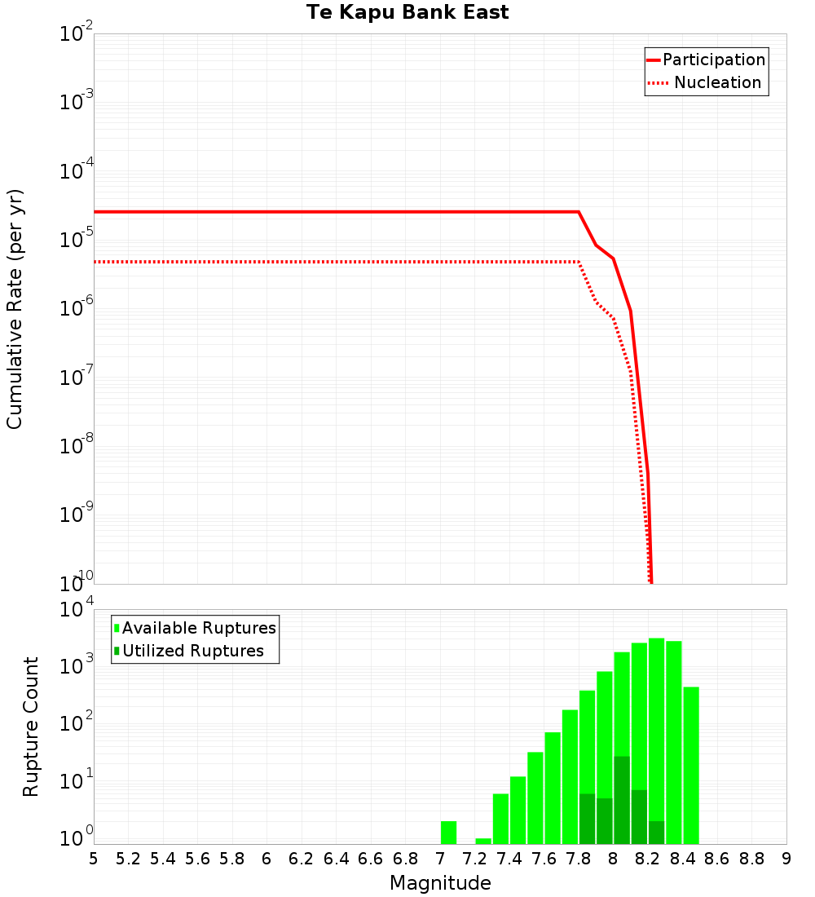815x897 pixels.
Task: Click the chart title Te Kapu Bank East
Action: [407, 13]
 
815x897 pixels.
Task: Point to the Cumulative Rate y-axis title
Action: [15, 308]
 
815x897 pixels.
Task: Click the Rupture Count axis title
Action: [31, 727]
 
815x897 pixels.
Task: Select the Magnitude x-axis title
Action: [440, 883]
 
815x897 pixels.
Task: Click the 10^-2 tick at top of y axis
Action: [76, 34]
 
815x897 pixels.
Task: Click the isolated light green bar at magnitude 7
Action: [448, 833]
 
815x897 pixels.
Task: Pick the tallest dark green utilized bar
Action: [622, 799]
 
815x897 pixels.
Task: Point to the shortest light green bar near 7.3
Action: [483, 841]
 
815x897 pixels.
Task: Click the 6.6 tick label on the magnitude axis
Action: [371, 859]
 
